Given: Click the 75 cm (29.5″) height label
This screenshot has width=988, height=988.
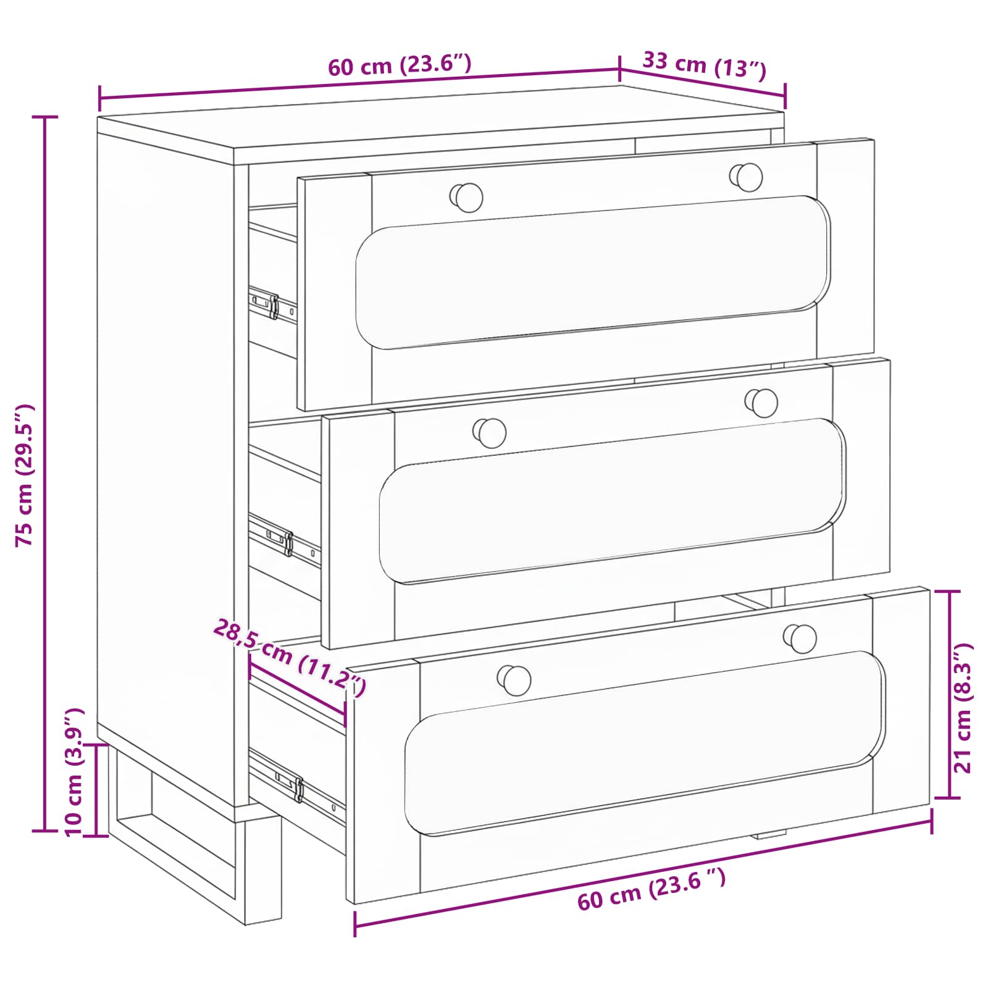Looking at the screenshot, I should point(26,475).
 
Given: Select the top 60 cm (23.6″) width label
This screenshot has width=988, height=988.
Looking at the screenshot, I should point(400,65).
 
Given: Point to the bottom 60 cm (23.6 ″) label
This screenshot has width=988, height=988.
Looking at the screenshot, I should point(651,889).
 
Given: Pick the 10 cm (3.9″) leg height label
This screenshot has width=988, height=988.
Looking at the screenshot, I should point(74,772).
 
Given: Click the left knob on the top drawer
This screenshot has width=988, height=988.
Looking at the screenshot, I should point(467,197).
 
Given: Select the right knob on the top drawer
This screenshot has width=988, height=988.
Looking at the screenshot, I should point(747,177).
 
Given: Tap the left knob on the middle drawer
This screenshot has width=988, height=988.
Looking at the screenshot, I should point(490,432).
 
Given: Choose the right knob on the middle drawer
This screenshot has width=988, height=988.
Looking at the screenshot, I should point(762,403).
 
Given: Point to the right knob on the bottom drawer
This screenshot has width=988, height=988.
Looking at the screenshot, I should point(801,638).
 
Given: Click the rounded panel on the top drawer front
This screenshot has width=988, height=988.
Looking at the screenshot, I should point(593,272).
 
